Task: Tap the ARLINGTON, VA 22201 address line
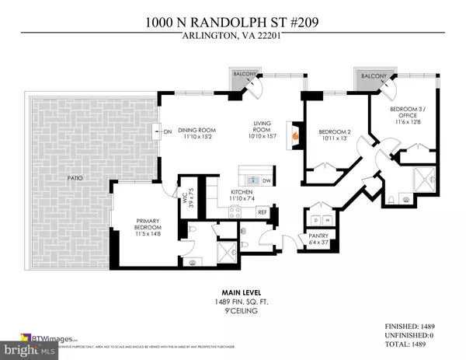(x=232, y=42)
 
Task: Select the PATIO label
(x=75, y=179)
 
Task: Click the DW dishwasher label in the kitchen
(x=267, y=178)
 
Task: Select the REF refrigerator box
(x=263, y=211)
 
